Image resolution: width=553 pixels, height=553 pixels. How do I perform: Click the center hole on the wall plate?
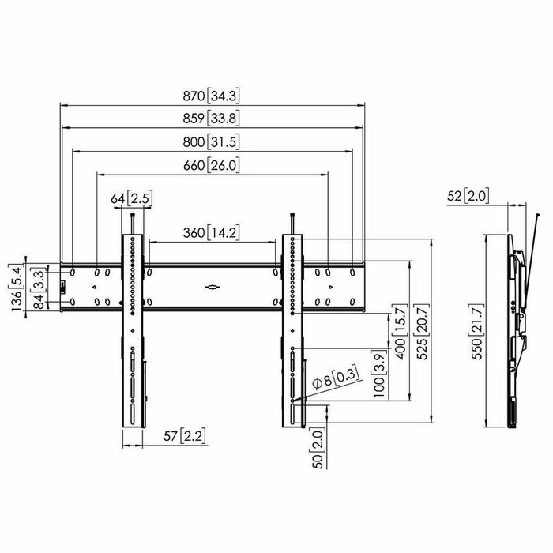(211, 287)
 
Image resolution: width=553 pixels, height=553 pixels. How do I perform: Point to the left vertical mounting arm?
(132, 332)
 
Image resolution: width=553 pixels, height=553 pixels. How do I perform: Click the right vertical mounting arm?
(293, 332)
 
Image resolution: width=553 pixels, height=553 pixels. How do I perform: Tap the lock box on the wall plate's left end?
(63, 286)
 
